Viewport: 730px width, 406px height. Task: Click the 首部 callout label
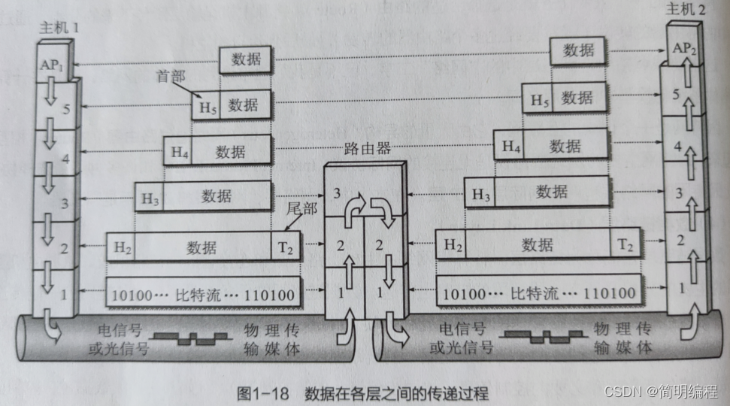click(x=170, y=77)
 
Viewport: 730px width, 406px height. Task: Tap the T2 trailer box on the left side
click(x=286, y=247)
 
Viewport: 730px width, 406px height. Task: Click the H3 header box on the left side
click(x=149, y=198)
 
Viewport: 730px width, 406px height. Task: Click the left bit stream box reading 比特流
click(x=202, y=292)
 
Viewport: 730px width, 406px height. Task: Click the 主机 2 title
click(x=685, y=9)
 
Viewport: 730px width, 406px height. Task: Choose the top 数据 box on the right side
click(x=579, y=50)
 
